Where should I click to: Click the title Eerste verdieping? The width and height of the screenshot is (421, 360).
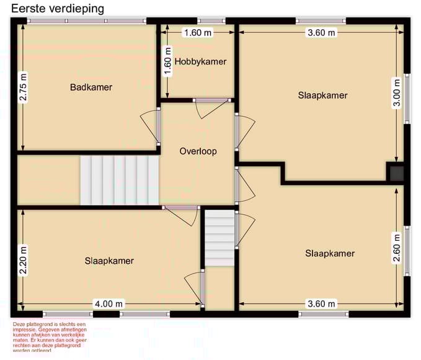tap(58, 9)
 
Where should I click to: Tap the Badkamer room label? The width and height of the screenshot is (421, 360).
tap(91, 88)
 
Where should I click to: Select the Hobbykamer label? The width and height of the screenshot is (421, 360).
tap(200, 61)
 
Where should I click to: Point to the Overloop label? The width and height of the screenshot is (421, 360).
tap(198, 151)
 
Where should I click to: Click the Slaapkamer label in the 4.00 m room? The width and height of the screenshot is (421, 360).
tap(109, 261)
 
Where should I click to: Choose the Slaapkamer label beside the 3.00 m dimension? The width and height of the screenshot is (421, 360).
tap(322, 96)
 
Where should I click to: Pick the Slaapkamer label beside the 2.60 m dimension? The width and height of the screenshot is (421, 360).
tap(330, 253)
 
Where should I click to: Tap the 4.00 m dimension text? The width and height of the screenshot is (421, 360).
tap(109, 304)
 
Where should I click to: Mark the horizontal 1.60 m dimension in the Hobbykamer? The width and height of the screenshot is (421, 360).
tap(198, 33)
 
